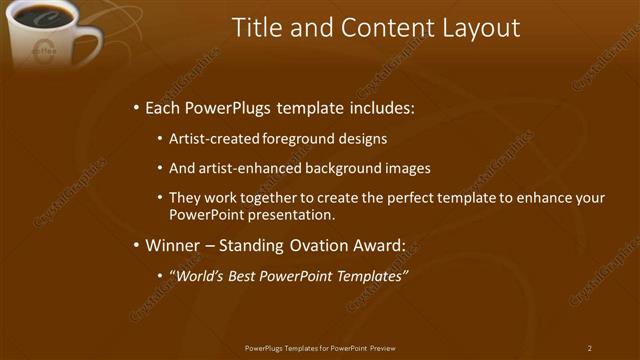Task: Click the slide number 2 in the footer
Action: tap(590, 348)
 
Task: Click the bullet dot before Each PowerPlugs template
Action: tap(136, 107)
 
